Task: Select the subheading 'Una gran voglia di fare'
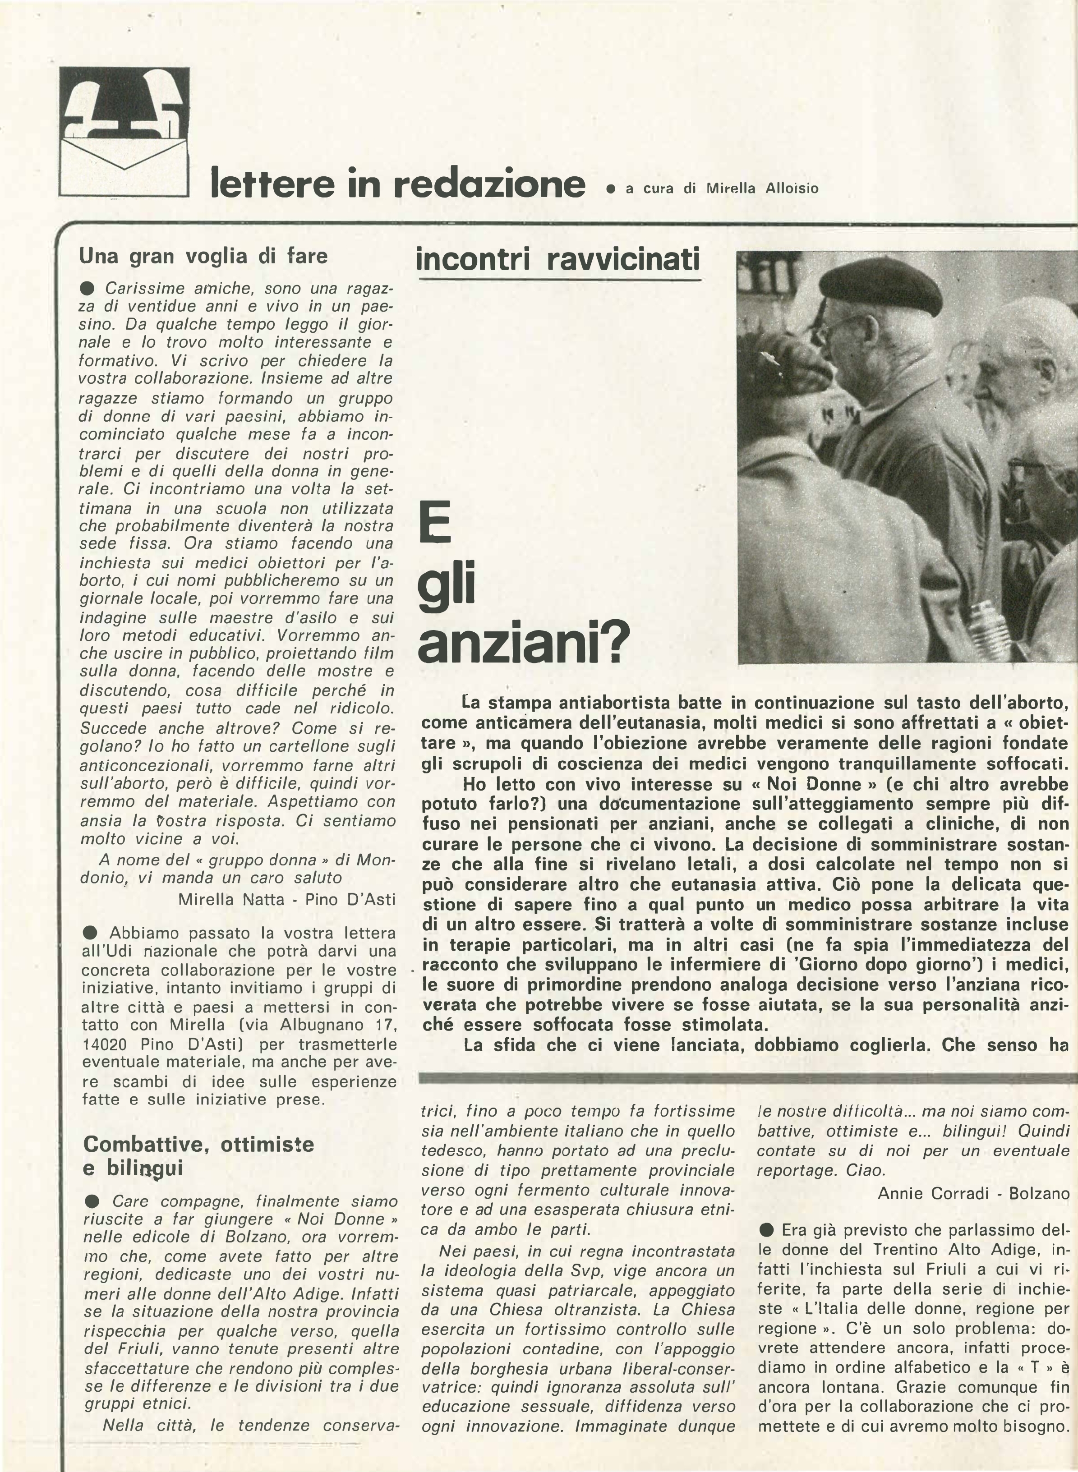point(203,256)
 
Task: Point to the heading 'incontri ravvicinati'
point(557,259)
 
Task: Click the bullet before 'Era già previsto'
point(767,1230)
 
